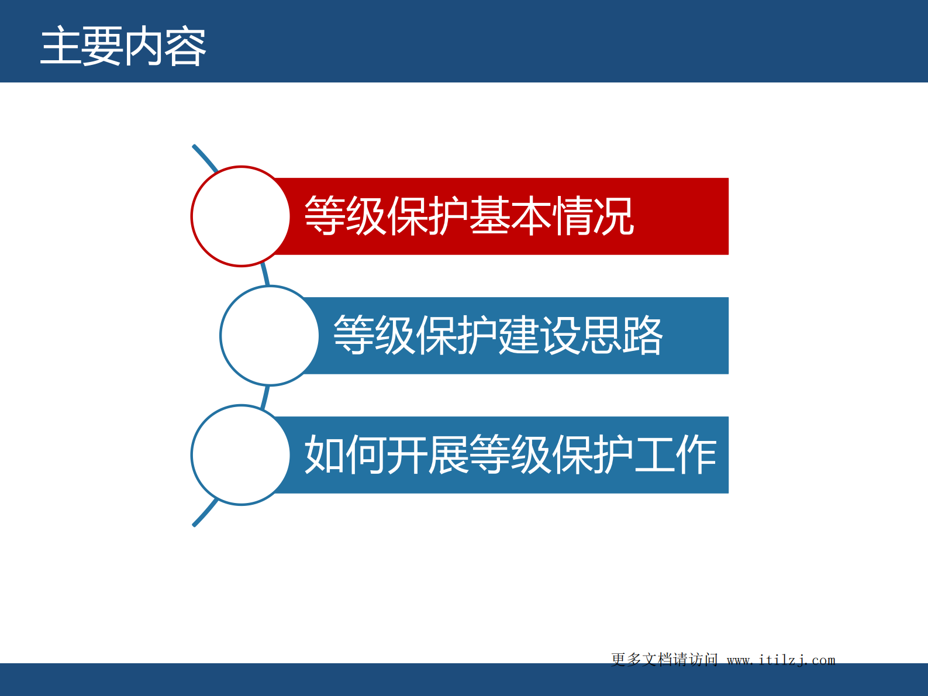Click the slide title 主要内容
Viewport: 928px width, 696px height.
pyautogui.click(x=123, y=47)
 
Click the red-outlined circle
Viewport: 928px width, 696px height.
pyautogui.click(x=240, y=216)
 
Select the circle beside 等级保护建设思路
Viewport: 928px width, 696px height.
pyautogui.click(x=270, y=336)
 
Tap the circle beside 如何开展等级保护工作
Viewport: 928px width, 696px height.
pyautogui.click(x=240, y=455)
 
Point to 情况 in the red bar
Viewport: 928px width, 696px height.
pyautogui.click(x=593, y=216)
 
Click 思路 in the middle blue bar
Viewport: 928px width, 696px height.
pyautogui.click(x=622, y=336)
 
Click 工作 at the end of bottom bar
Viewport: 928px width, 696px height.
pyautogui.click(x=675, y=455)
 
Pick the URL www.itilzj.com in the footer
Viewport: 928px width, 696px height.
pyautogui.click(x=781, y=660)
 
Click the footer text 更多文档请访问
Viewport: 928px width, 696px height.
pyautogui.click(x=664, y=660)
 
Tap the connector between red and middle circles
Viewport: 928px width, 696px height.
pyautogui.click(x=265, y=275)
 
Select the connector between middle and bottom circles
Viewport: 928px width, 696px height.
pyautogui.click(x=265, y=396)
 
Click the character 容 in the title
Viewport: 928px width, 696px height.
pyautogui.click(x=185, y=47)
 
